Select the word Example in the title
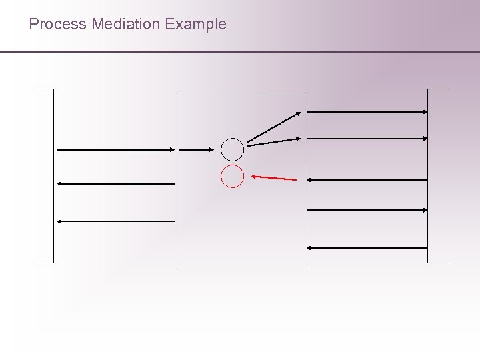coord(196,25)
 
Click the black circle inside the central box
coord(233,149)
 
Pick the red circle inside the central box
coord(233,176)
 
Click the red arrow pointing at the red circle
coord(274,178)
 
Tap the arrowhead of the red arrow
coord(254,176)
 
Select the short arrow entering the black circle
coord(196,150)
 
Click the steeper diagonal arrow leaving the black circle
coord(274,126)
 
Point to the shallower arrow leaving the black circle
coord(274,141)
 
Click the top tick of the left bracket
coord(45,89)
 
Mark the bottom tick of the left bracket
coord(45,263)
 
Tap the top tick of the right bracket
coord(438,89)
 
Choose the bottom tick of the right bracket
coord(438,263)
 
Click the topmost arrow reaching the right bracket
coord(367,112)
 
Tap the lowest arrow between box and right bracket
coord(367,248)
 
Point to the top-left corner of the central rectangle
coord(177,95)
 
